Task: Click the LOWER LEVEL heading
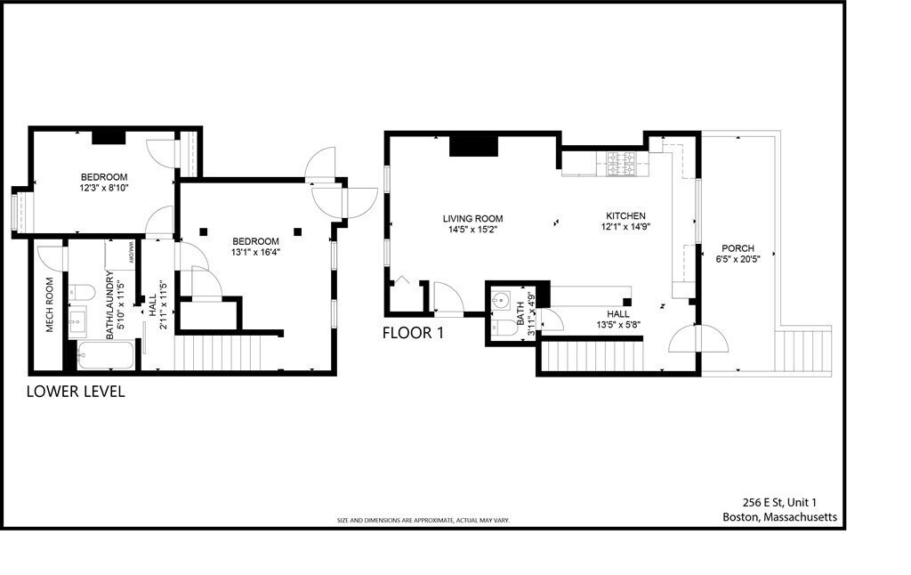click(x=76, y=392)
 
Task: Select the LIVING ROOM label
click(x=473, y=219)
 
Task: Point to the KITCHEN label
click(x=625, y=216)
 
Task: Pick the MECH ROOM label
click(x=50, y=305)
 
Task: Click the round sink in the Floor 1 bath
click(x=501, y=299)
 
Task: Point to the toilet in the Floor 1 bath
click(x=502, y=328)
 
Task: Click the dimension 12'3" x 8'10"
click(x=104, y=189)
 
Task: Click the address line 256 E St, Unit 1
click(x=779, y=502)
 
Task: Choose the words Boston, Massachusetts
click(x=779, y=517)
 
